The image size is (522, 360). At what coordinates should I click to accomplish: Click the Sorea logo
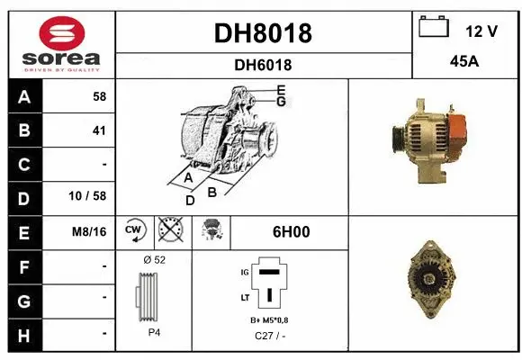pyautogui.click(x=61, y=44)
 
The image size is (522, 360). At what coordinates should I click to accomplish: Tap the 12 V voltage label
pyautogui.click(x=481, y=31)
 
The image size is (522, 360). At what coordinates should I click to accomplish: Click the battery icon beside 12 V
pyautogui.click(x=433, y=28)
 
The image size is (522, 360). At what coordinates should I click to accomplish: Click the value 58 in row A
pyautogui.click(x=99, y=96)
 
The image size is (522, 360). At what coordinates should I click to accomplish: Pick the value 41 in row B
pyautogui.click(x=99, y=130)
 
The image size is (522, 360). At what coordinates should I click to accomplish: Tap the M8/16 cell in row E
pyautogui.click(x=90, y=231)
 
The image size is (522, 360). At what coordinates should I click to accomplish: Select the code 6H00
pyautogui.click(x=291, y=231)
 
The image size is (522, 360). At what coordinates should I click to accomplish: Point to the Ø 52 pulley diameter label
pyautogui.click(x=154, y=259)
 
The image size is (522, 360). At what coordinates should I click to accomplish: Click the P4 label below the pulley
pyautogui.click(x=153, y=332)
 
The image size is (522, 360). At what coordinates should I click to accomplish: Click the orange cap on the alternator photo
pyautogui.click(x=455, y=135)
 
